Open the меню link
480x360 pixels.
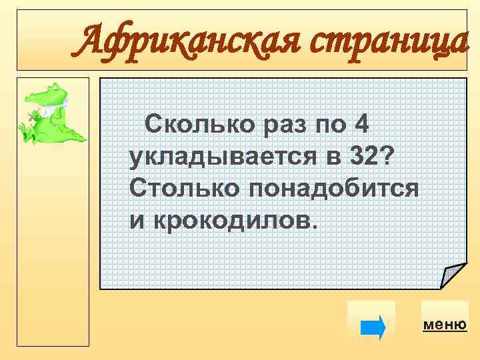point(444,325)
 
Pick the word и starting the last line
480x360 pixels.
point(136,220)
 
